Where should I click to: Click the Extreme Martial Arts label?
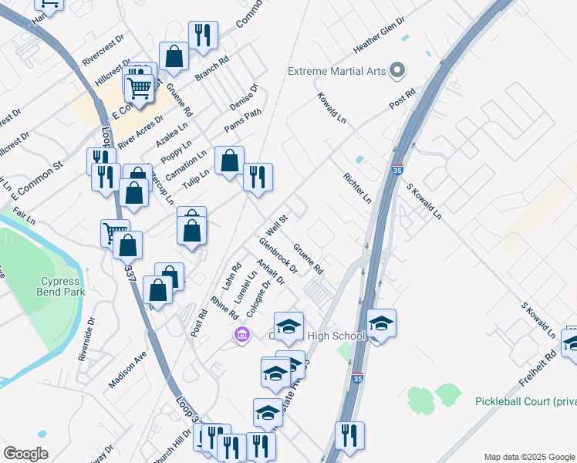[x=336, y=72]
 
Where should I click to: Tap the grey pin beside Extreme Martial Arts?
[x=397, y=71]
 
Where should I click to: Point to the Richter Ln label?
[x=358, y=188]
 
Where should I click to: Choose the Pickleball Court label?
[x=525, y=401]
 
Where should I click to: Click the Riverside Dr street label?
[x=86, y=340]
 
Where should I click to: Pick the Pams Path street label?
[x=243, y=120]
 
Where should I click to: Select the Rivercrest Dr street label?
[x=103, y=49]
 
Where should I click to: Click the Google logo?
[x=25, y=454]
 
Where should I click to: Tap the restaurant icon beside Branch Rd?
[x=203, y=35]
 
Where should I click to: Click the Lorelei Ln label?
[x=248, y=282]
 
